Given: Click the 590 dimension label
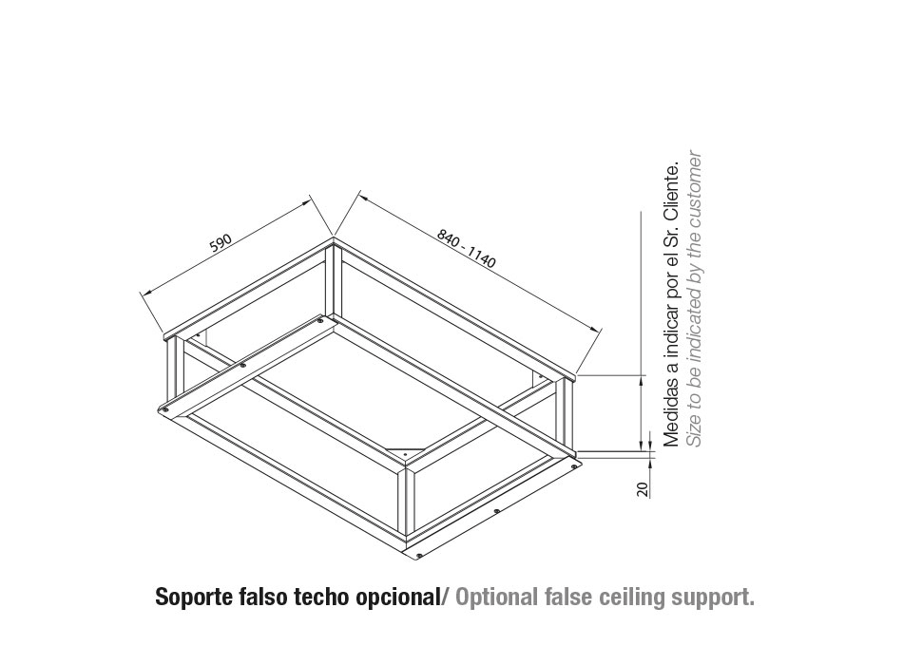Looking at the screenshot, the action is pos(220,242).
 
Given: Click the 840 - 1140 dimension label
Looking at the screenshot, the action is pos(466,248).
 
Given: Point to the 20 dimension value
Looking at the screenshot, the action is pos(643,489).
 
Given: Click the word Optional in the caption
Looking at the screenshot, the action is pos(496,598).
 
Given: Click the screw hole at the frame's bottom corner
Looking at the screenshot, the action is pos(418,555).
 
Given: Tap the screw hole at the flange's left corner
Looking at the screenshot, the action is pos(165,408).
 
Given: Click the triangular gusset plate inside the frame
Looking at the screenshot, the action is pos(406,452).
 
